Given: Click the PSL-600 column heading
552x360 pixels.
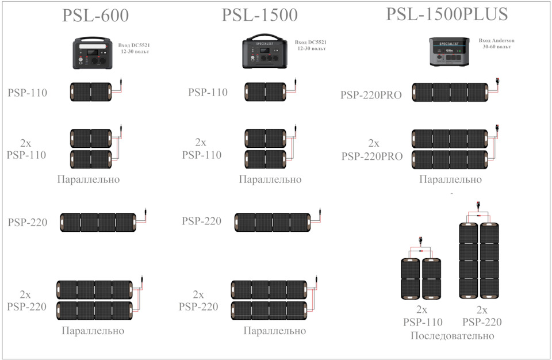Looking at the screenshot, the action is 95,16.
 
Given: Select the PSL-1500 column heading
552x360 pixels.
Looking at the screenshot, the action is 259,15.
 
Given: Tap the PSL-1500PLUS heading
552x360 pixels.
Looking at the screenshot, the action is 447,14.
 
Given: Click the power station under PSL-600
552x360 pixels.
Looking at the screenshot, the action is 93,53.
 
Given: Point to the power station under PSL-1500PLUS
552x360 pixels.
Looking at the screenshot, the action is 449,52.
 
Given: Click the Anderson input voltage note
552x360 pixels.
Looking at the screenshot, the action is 496,43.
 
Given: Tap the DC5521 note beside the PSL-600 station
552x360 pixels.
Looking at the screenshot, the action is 134,48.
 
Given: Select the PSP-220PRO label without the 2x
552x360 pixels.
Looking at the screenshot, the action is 371,95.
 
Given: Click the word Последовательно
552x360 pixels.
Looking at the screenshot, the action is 453,336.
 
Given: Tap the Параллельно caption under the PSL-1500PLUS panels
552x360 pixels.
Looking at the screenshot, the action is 450,179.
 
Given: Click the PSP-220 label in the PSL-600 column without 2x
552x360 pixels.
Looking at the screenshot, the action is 28,223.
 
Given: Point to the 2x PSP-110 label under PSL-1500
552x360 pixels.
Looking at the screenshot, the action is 202,148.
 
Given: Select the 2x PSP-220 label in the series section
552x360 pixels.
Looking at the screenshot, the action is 482,316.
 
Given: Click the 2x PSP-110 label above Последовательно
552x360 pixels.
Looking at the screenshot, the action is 423,316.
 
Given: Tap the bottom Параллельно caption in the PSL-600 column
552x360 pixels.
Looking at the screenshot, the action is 93,331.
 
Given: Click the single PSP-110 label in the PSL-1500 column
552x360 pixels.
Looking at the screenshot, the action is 208,92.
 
